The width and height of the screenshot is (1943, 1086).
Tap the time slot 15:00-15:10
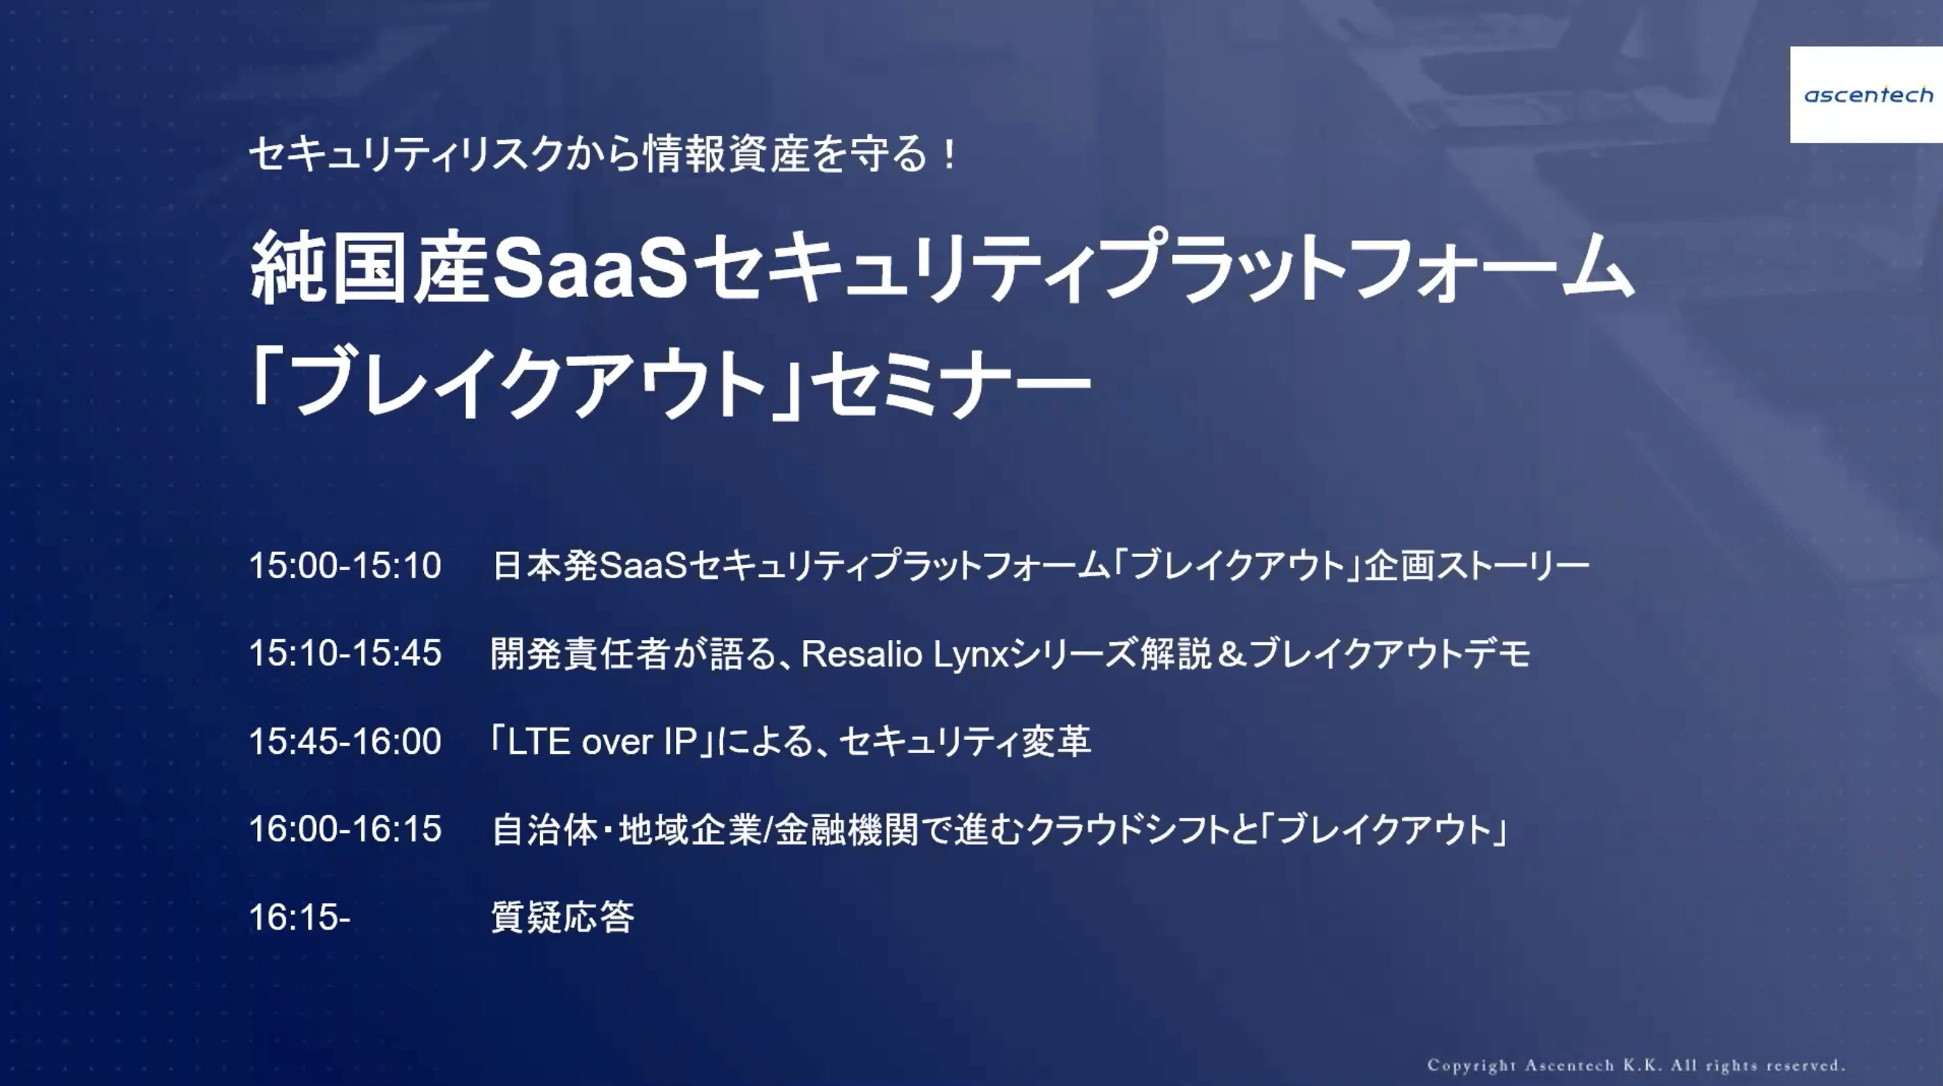(x=345, y=566)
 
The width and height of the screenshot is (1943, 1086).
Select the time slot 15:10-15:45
(x=345, y=653)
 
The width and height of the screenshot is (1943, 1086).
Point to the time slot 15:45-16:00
(x=345, y=741)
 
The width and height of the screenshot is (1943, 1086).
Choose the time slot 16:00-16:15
(x=345, y=829)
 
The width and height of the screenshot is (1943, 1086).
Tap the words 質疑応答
(x=563, y=917)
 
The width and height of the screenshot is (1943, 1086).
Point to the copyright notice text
(x=1635, y=1065)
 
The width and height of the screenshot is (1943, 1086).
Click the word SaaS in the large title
(x=590, y=268)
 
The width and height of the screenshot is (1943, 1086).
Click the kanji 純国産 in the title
(x=370, y=268)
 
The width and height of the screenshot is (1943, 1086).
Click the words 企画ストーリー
(x=1477, y=566)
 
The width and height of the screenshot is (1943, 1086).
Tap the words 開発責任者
(x=581, y=653)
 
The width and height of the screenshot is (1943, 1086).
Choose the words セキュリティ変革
(x=965, y=741)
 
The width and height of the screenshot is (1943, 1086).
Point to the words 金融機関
(x=847, y=830)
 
